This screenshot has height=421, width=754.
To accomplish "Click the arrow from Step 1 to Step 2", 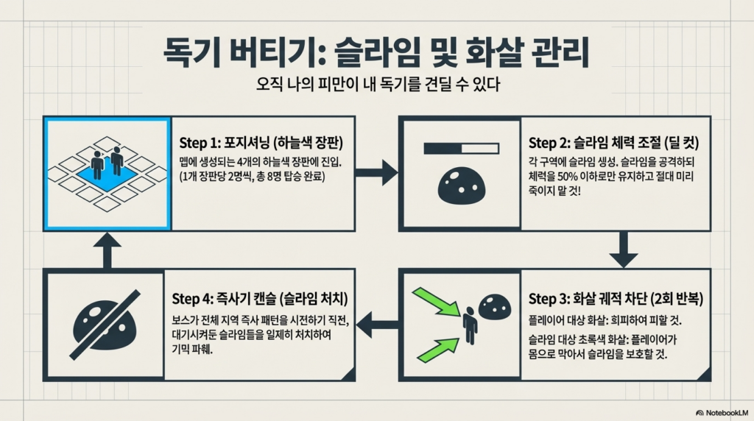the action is coord(376,172).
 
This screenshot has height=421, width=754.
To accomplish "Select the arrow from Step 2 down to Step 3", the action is coord(624,250).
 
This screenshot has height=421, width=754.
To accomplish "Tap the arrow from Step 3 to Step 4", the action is coord(378,325).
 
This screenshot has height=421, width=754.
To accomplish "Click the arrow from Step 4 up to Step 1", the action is coord(108,250).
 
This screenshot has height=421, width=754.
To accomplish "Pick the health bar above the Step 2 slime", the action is coord(461,148).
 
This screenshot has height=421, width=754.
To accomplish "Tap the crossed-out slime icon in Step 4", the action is coord(105,325).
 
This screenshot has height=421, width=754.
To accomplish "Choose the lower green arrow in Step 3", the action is coord(438,350).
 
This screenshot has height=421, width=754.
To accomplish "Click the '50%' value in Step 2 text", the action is coord(568,177).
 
